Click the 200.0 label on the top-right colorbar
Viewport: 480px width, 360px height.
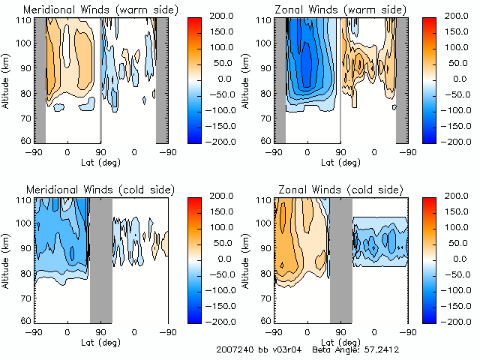(x=454, y=15)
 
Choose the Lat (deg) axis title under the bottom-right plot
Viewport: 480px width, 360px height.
(x=340, y=342)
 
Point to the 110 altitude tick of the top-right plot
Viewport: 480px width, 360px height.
(x=265, y=21)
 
